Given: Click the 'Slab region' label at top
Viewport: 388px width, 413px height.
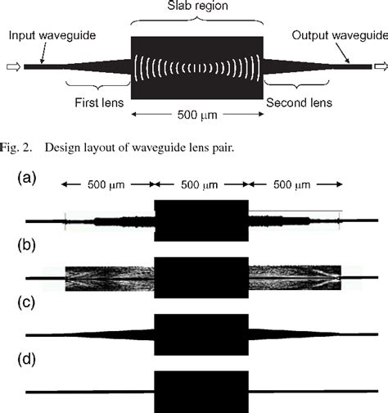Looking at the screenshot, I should pos(196,7).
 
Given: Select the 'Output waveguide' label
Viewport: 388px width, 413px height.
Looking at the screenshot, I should pos(343,36).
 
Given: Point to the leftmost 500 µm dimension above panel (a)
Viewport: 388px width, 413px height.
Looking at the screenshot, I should pos(107,186).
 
